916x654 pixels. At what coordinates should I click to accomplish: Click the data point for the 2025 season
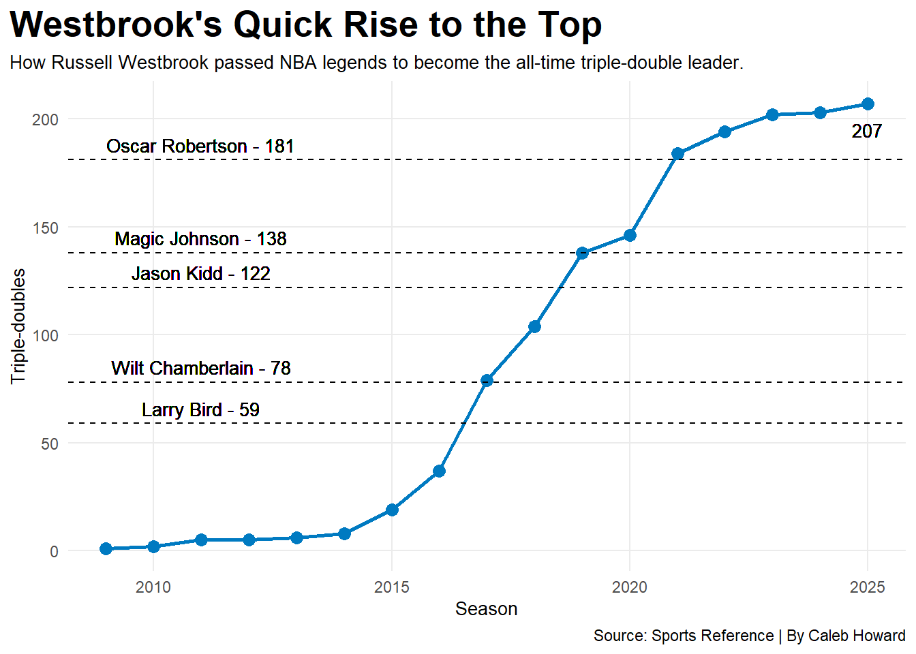(x=868, y=104)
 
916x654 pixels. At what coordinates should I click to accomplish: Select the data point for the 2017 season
(x=487, y=380)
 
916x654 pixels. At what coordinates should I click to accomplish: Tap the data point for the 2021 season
(x=677, y=154)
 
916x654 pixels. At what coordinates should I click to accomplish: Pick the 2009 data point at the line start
(x=106, y=549)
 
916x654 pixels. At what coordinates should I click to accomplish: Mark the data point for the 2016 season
(x=439, y=471)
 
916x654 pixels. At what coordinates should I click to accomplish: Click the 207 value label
(x=866, y=131)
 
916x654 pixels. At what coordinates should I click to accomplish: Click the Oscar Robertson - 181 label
(x=200, y=146)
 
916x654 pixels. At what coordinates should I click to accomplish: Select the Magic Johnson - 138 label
(x=200, y=239)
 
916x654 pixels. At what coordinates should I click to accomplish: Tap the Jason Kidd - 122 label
(x=200, y=274)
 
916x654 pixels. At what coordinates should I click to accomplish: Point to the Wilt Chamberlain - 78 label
(x=200, y=369)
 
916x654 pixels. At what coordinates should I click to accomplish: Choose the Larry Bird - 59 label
(x=200, y=410)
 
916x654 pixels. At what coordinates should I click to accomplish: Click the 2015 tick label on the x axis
(x=391, y=587)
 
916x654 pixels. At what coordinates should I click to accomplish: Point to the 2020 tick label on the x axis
(x=629, y=587)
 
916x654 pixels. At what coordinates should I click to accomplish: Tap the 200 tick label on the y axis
(x=46, y=120)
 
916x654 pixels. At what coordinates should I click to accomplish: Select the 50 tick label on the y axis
(x=50, y=444)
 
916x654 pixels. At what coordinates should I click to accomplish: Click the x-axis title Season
(x=486, y=609)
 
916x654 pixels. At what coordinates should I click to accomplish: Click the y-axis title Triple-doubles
(x=18, y=326)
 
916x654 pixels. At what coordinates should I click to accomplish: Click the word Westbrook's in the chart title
(x=116, y=25)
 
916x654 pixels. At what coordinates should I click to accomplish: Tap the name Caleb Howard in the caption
(x=856, y=636)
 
